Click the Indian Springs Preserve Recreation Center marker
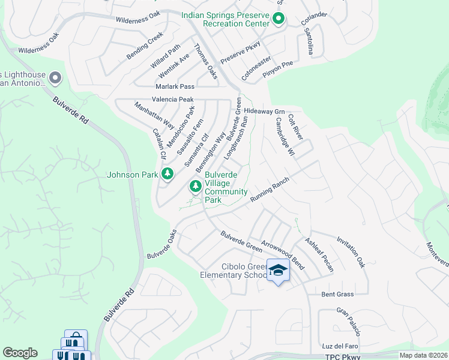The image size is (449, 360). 278,19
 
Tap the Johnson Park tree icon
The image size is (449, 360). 167,175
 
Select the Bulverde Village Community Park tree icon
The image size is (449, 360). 195,187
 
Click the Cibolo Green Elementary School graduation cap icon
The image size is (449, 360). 277,271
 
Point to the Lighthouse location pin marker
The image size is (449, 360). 55,78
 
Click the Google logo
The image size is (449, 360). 20,353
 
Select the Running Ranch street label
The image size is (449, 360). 270,190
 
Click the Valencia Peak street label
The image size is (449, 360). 172,99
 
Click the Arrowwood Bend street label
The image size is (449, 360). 283,256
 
